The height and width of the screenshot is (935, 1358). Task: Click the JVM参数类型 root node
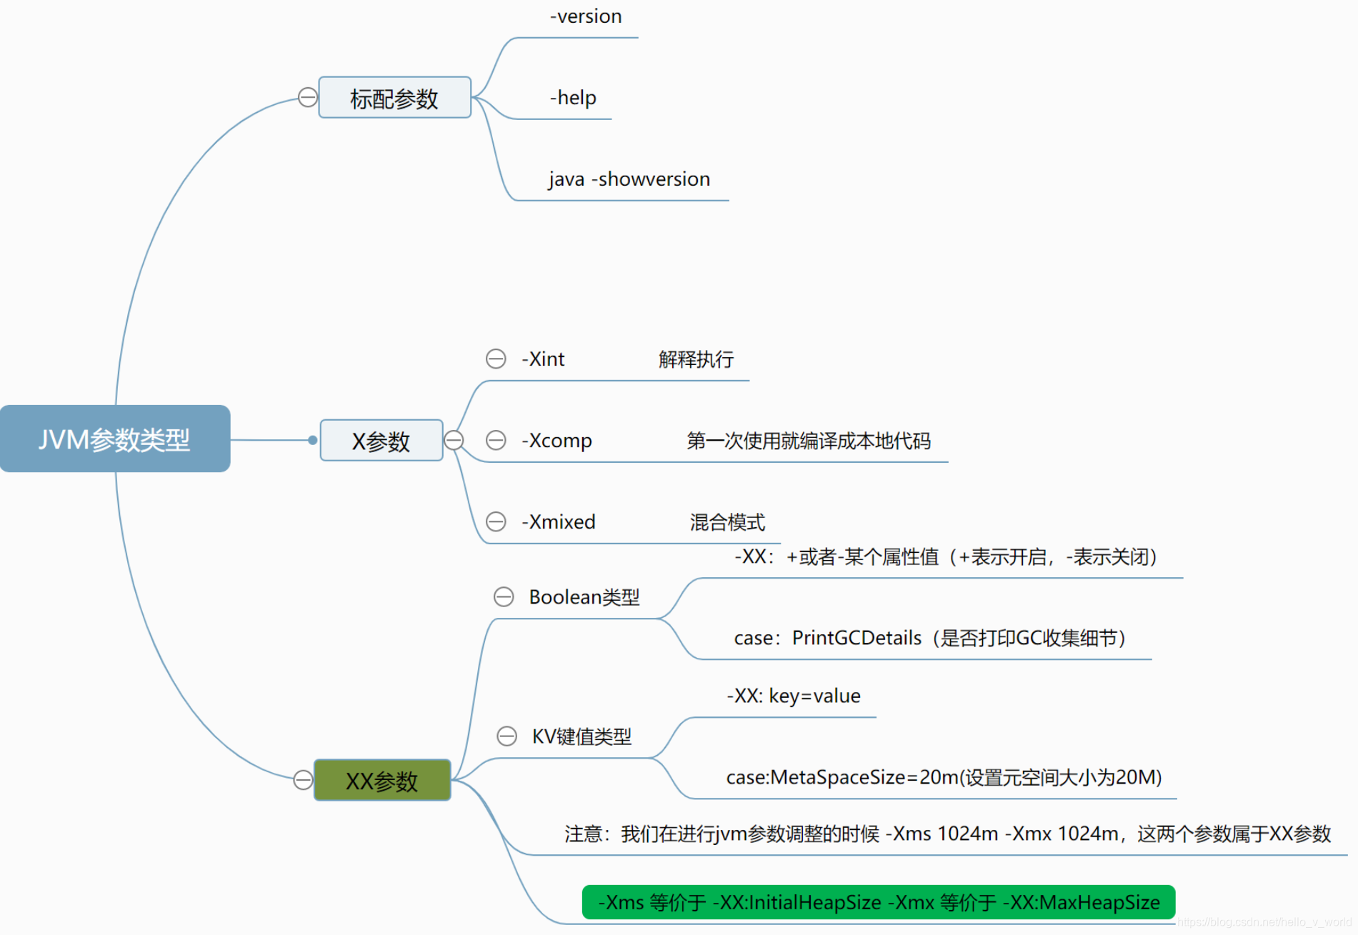pos(115,439)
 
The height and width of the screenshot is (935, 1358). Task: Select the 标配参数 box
pos(394,98)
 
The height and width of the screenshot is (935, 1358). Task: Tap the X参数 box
pos(381,441)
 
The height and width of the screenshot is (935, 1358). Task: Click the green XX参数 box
pos(382,781)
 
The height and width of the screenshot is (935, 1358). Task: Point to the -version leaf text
pos(586,16)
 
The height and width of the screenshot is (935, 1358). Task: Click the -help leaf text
pos(573,98)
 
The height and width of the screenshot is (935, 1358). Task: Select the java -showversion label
pos(629,179)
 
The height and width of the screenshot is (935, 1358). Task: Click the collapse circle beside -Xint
pos(496,359)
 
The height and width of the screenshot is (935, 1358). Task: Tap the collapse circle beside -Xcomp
pos(496,440)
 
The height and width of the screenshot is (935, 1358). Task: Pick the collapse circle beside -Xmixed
pos(496,521)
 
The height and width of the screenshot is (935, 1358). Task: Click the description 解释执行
pos(696,359)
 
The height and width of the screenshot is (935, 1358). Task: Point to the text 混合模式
pos(727,522)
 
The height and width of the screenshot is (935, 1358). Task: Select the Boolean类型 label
pos(584,597)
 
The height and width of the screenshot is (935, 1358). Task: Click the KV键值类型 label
pos(581,736)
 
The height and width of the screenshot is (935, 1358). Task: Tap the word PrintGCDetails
pos(857,638)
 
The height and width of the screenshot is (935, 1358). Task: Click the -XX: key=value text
pos(794,696)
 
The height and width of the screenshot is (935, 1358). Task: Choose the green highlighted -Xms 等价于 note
pos(879,902)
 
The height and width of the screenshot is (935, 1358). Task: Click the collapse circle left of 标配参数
pos(308,97)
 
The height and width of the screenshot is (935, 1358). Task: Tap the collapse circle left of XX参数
pos(303,780)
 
